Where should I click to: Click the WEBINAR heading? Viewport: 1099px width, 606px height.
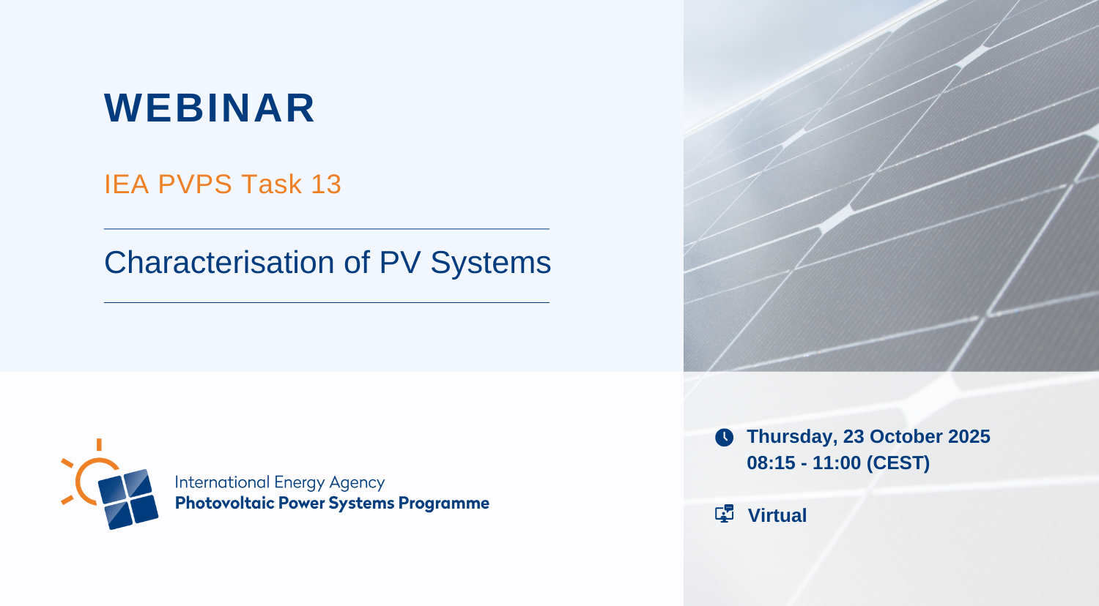coord(210,108)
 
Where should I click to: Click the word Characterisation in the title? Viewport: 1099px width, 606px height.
coord(219,262)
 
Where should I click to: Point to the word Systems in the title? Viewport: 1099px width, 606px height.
coord(491,263)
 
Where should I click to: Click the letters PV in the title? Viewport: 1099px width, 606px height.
coord(400,262)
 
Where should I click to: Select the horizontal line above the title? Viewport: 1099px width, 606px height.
coord(327,229)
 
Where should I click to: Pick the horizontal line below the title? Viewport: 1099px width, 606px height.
coord(327,302)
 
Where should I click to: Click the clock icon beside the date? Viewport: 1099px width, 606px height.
coord(724,438)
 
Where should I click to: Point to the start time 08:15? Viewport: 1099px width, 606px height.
coord(771,463)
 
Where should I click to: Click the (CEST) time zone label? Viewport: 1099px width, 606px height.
coord(898,463)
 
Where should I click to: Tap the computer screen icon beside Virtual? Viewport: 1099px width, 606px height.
coord(724,514)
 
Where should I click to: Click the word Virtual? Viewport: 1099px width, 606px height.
coord(777,515)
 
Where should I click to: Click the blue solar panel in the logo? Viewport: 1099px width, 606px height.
coord(128,499)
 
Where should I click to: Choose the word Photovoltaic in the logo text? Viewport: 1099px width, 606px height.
coord(224,503)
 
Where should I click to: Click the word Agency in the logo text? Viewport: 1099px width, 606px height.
coord(358,484)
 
